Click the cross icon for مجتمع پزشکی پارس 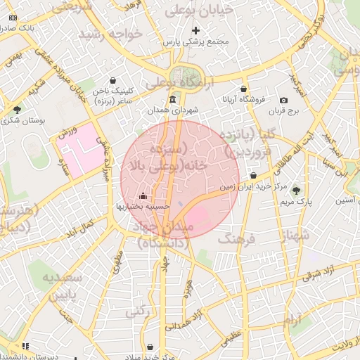[x=195, y=30]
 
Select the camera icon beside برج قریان [x=283, y=101]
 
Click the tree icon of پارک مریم [x=295, y=190]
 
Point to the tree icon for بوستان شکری [x=17, y=109]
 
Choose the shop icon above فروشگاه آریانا [x=243, y=89]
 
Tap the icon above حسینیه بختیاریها [x=143, y=195]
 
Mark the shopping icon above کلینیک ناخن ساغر [x=113, y=80]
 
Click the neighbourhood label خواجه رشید [x=110, y=34]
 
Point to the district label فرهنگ [x=239, y=240]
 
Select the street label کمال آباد [x=79, y=228]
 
